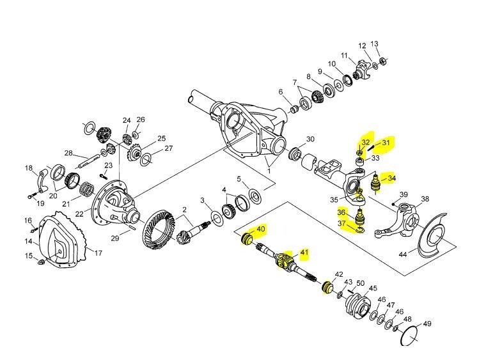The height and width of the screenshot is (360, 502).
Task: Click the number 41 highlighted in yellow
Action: [x=304, y=253]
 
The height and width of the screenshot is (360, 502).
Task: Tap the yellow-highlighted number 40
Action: [x=260, y=229]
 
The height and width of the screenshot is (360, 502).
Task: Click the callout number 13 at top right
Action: [x=375, y=44]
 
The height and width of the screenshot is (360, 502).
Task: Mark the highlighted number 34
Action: [x=392, y=178]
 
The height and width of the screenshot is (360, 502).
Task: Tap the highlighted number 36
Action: [x=342, y=212]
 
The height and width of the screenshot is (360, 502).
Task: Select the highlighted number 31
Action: [x=386, y=143]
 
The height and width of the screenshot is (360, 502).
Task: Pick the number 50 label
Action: [x=360, y=283]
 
